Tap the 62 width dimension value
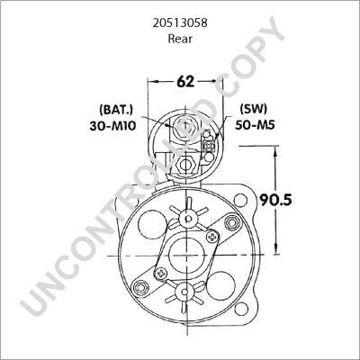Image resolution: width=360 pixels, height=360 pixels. [185, 82]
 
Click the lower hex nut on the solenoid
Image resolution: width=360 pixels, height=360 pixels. [185, 165]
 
